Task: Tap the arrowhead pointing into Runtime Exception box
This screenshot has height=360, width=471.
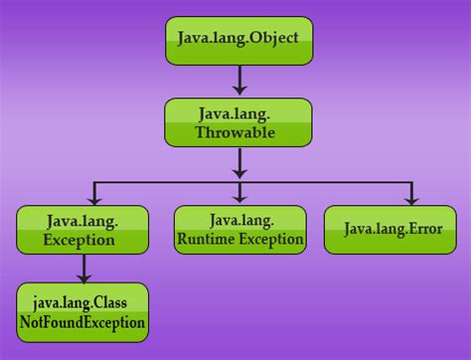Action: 239,199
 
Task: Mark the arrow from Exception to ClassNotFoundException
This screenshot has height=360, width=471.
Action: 83,268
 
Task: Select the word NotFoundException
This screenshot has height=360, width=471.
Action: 82,322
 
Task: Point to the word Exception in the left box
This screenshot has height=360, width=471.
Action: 79,240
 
